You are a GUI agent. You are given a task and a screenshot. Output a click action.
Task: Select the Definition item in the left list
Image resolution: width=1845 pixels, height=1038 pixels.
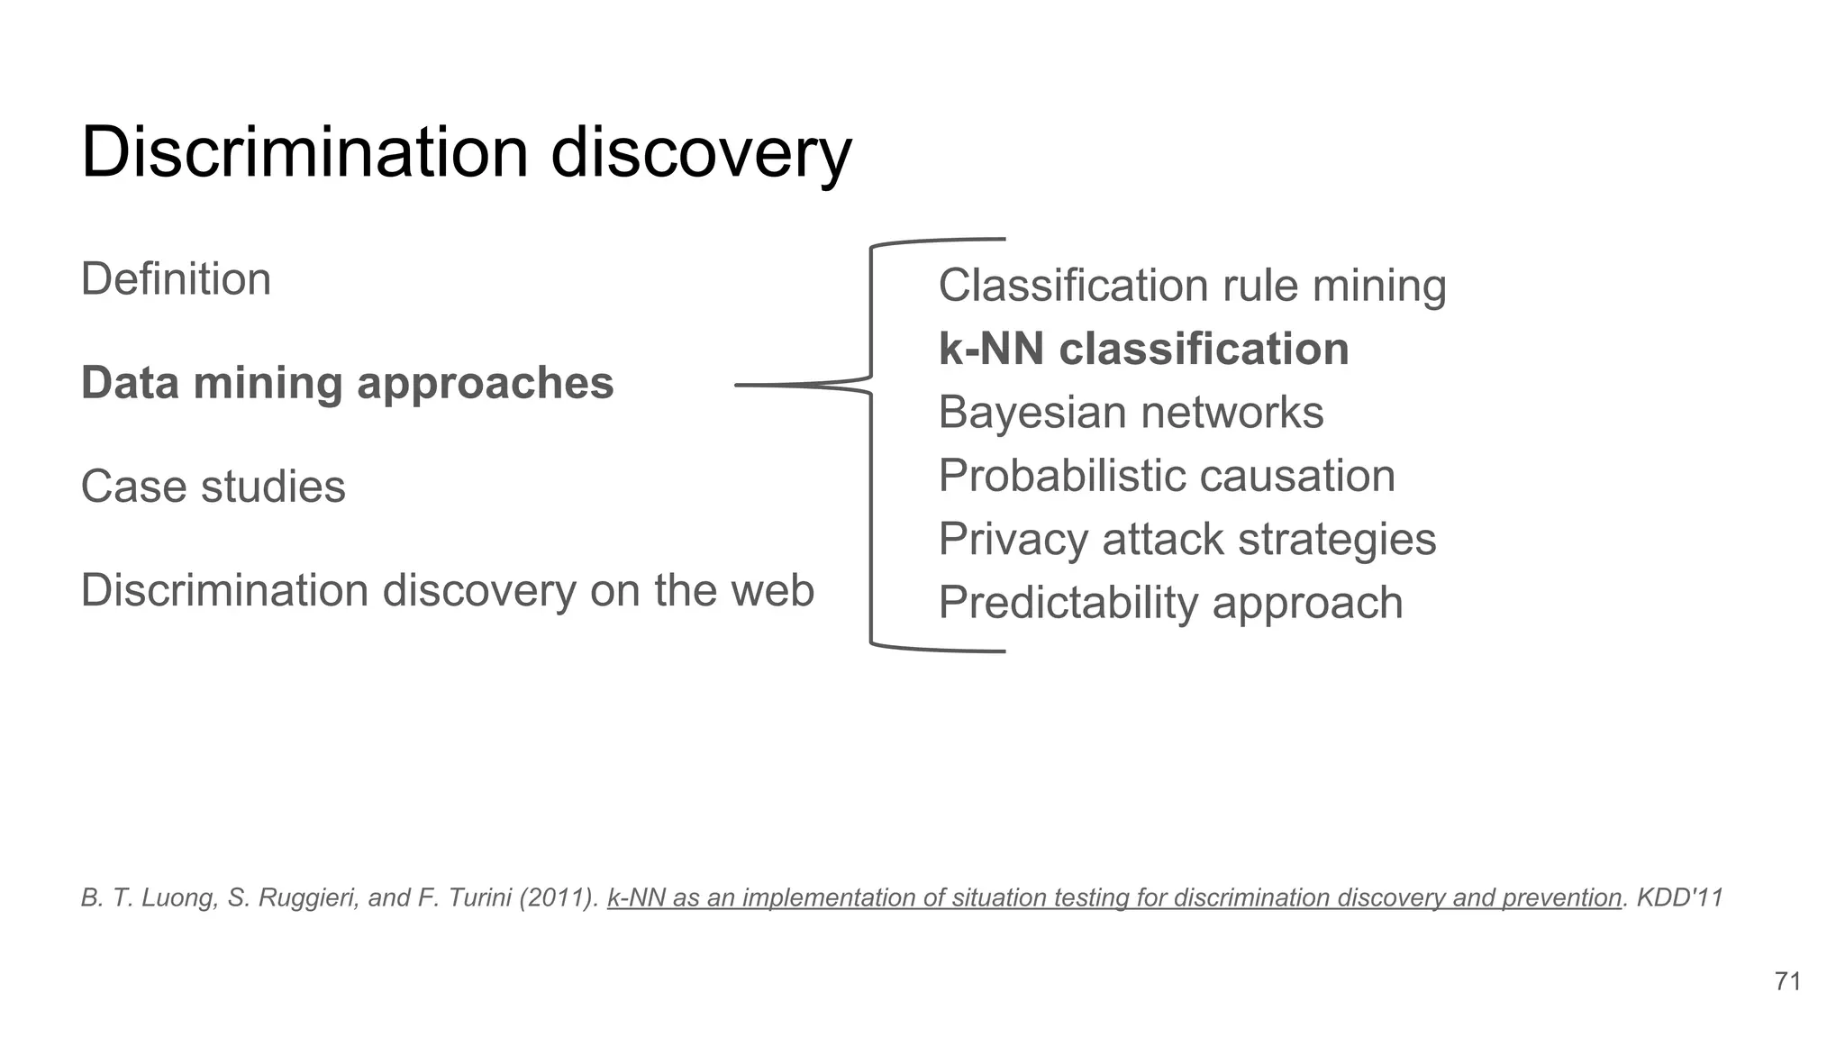tap(176, 279)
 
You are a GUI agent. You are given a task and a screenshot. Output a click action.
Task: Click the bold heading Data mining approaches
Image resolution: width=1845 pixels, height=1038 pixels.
tap(347, 383)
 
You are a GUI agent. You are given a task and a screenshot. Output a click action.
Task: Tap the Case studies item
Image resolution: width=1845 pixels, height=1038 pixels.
tap(213, 487)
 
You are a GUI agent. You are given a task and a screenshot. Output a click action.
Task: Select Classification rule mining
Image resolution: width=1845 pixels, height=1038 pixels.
tap(1192, 286)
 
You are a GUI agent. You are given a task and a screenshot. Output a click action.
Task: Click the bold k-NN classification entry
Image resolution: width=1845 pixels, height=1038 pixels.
tap(1143, 350)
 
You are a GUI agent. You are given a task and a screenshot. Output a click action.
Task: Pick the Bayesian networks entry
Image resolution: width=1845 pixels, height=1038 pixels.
tap(1131, 413)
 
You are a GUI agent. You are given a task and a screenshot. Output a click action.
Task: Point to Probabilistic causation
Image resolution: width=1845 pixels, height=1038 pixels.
tap(1167, 476)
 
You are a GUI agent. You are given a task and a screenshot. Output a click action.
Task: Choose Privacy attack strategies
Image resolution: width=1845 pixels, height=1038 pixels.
tap(1186, 540)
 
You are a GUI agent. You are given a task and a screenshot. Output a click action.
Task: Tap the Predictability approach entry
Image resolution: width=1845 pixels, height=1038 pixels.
tap(1170, 603)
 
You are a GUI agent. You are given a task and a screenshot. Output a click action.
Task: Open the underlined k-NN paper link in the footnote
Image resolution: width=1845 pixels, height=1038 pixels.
tap(1113, 897)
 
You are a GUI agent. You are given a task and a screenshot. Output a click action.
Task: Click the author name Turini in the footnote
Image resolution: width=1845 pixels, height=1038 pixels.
tap(475, 897)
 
